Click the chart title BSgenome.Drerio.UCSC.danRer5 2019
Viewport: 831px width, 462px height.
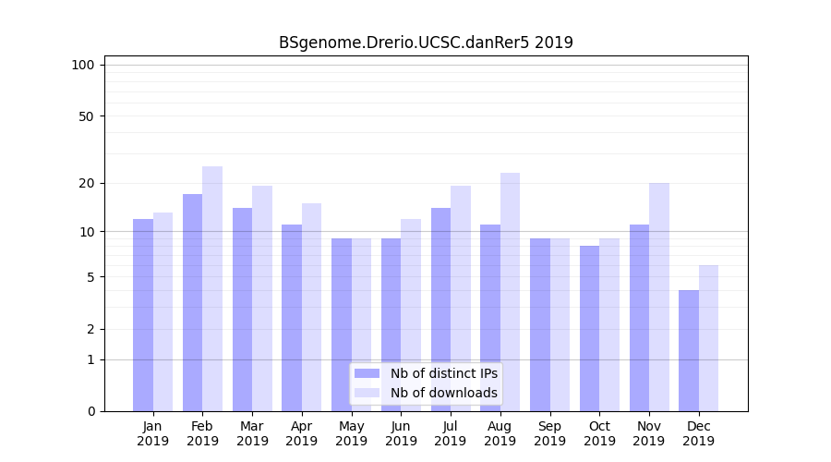[426, 43]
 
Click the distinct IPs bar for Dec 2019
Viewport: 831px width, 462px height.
[689, 350]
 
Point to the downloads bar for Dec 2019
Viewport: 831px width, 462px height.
[708, 338]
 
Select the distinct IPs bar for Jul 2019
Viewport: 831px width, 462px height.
[440, 310]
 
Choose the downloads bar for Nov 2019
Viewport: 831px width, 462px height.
[658, 297]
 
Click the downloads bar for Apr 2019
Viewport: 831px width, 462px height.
[311, 307]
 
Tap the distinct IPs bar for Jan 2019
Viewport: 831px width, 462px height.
[143, 315]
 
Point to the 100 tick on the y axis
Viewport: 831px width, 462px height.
[83, 65]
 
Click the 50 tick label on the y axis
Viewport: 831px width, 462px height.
[86, 116]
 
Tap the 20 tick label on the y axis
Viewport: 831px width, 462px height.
[86, 183]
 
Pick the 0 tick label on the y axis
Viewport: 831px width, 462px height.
[90, 411]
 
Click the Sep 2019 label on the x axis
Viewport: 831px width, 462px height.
[549, 433]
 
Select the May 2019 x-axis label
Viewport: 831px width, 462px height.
[351, 433]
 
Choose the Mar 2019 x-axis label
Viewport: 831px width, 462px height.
[252, 433]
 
